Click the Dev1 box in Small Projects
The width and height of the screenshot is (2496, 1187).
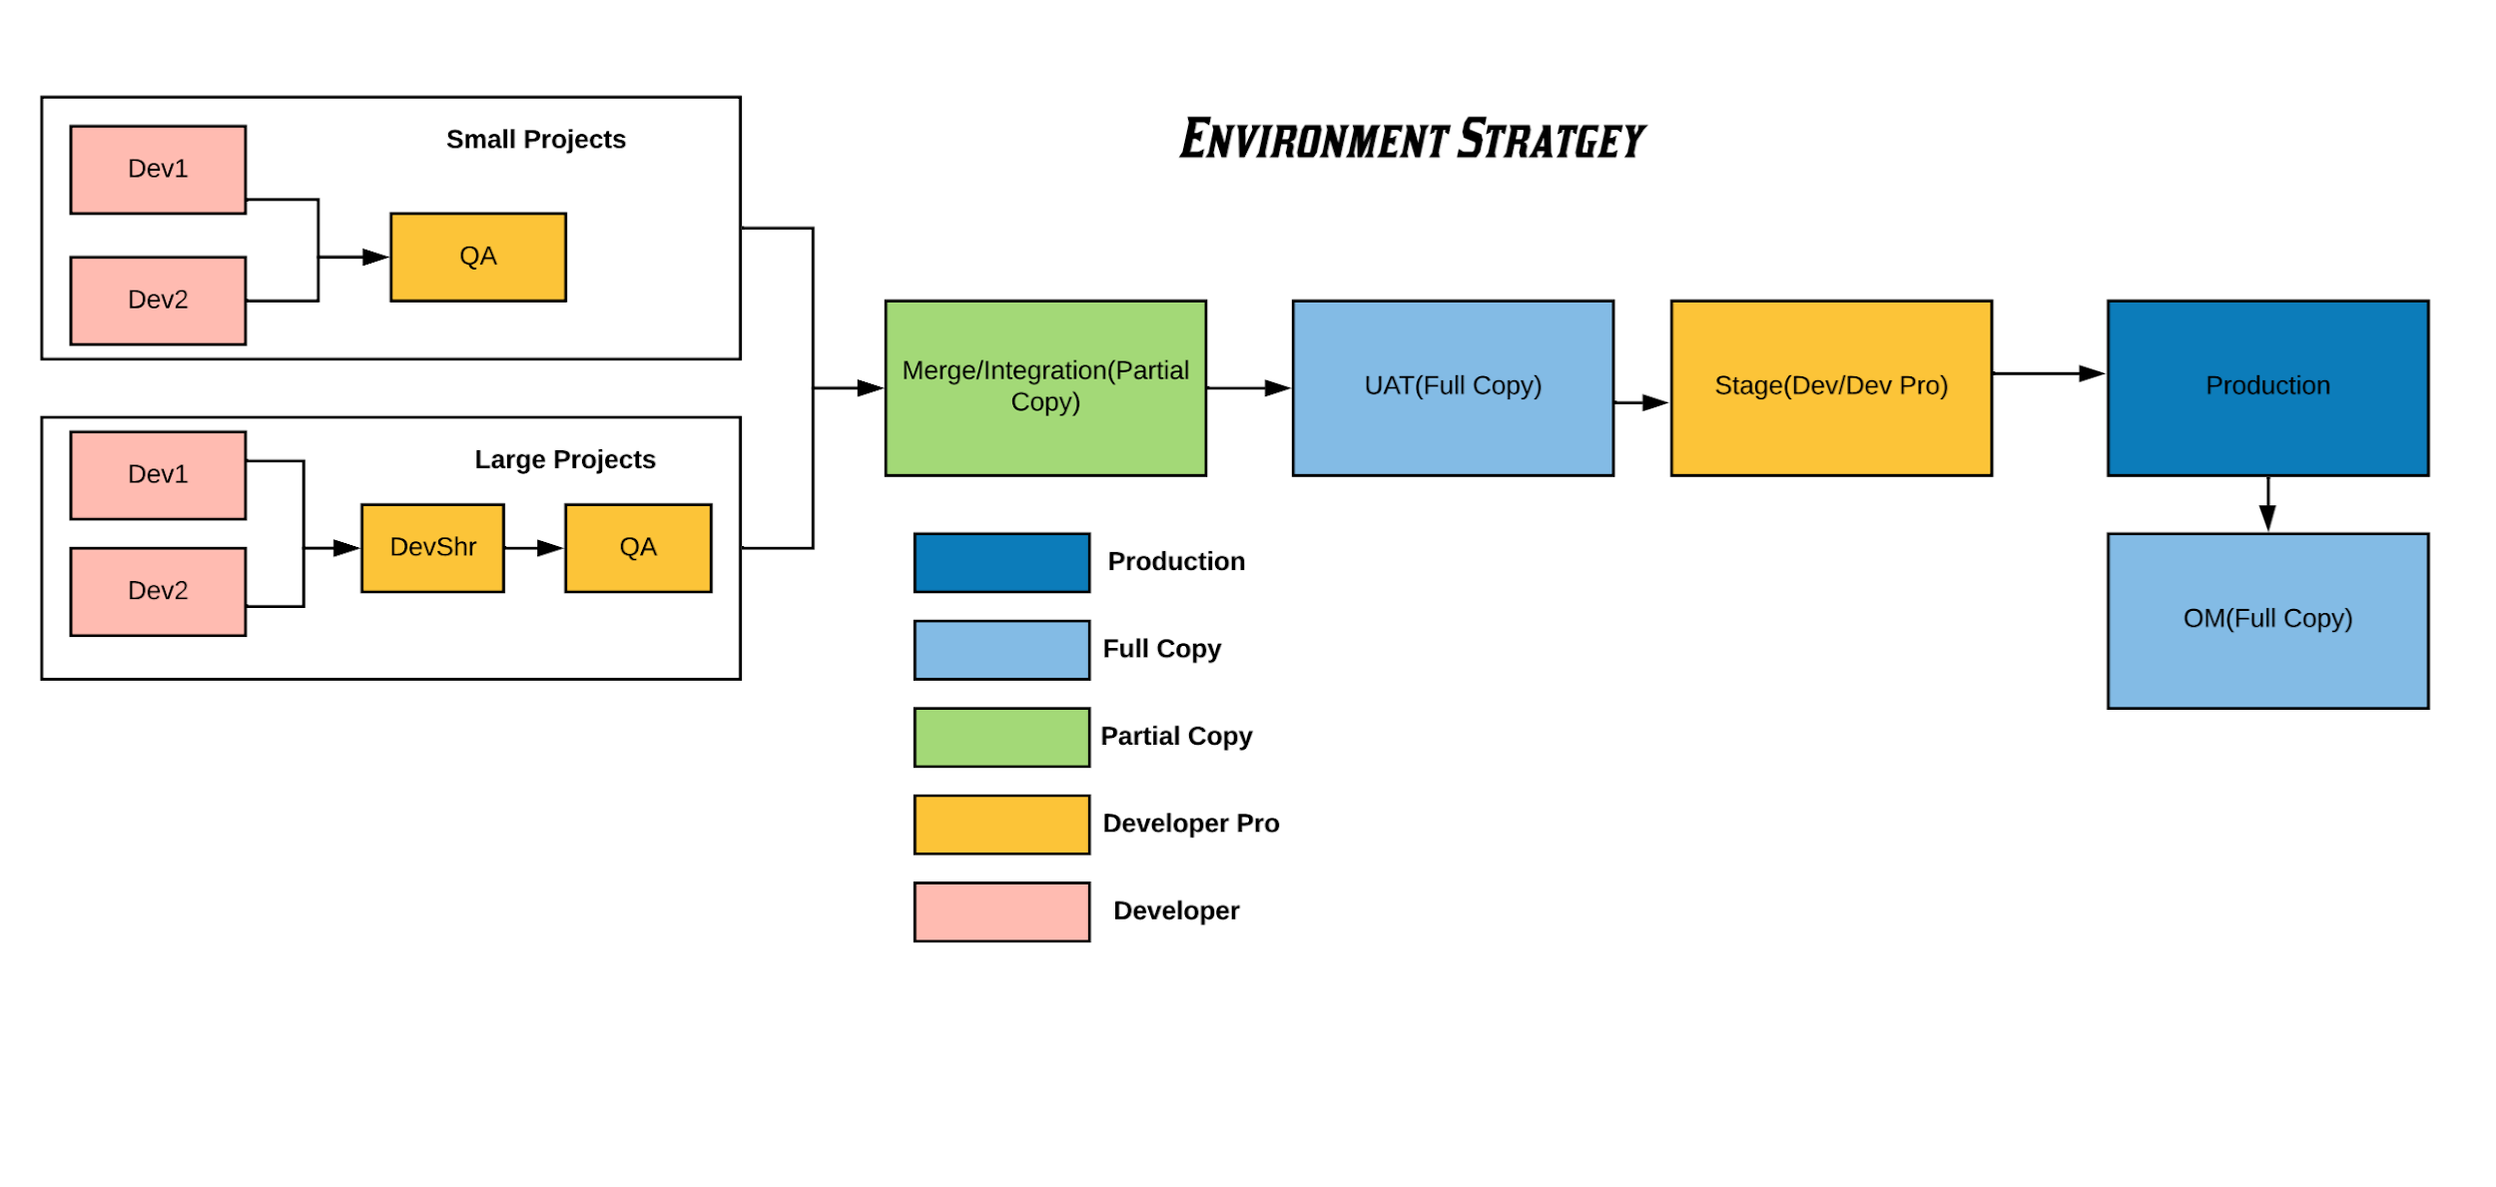click(x=158, y=170)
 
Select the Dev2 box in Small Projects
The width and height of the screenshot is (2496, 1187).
click(x=158, y=300)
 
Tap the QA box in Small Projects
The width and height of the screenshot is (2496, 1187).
click(x=478, y=258)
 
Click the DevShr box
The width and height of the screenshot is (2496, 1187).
click(x=432, y=548)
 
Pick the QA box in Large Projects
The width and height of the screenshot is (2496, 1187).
click(x=638, y=548)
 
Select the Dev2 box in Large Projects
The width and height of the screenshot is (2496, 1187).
click(x=158, y=591)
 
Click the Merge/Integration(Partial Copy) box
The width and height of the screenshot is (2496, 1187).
click(x=1045, y=388)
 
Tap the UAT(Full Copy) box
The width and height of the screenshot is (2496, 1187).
click(x=1453, y=388)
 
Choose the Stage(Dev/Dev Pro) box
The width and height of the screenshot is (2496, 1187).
click(x=1831, y=388)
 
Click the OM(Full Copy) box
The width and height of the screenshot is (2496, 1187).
click(x=2267, y=621)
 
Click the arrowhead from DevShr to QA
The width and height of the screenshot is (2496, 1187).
click(x=550, y=548)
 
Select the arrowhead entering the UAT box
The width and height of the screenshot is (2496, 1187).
click(x=1277, y=388)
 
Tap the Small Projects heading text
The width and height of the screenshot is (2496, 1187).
click(x=536, y=140)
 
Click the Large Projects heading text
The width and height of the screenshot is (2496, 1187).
click(x=565, y=460)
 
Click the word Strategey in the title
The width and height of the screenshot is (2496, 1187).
click(x=1552, y=140)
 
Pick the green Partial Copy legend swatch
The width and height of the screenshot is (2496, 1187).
click(x=1001, y=738)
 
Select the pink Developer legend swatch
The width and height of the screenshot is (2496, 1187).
click(x=1001, y=911)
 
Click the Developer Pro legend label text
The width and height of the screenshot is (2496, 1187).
click(x=1190, y=824)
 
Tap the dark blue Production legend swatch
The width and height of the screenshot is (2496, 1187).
click(x=1001, y=563)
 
